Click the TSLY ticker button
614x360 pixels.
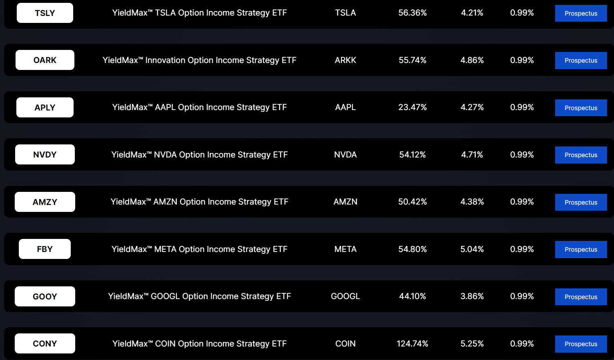pyautogui.click(x=45, y=13)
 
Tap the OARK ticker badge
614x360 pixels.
pyautogui.click(x=45, y=60)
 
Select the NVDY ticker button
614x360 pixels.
pyautogui.click(x=45, y=155)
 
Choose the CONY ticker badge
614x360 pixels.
pyautogui.click(x=45, y=344)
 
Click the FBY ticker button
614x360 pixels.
pyautogui.click(x=45, y=249)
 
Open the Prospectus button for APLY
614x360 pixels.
pyautogui.click(x=580, y=108)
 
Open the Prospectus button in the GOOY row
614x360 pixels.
pyautogui.click(x=580, y=297)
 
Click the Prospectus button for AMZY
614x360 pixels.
pyautogui.click(x=580, y=202)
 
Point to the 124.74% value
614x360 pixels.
pyautogui.click(x=412, y=344)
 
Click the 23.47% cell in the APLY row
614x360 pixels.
pyautogui.click(x=412, y=107)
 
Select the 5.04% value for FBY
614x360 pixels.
pyautogui.click(x=472, y=249)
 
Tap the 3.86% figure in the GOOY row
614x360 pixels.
pyautogui.click(x=472, y=296)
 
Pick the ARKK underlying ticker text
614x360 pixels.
pyautogui.click(x=345, y=60)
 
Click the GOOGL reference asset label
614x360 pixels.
pyautogui.click(x=345, y=296)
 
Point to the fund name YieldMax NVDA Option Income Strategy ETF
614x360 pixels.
pyautogui.click(x=199, y=155)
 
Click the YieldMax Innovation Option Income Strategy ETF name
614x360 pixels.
pyautogui.click(x=199, y=60)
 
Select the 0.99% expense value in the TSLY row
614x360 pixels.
pyautogui.click(x=522, y=13)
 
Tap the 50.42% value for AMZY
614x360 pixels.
pyautogui.click(x=412, y=202)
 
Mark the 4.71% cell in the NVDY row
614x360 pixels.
pyautogui.click(x=472, y=155)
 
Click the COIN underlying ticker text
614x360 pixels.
pyautogui.click(x=345, y=344)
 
